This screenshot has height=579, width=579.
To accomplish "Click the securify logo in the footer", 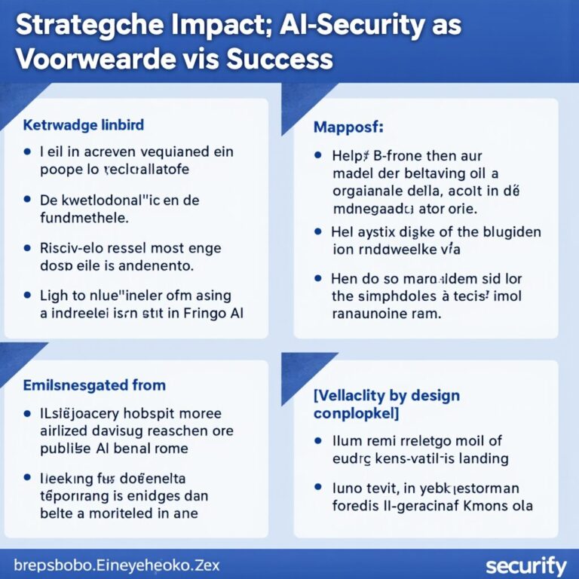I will click(526, 565).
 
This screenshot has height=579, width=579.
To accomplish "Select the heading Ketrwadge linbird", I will click(84, 124).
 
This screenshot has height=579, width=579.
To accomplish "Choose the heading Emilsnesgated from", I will click(84, 385).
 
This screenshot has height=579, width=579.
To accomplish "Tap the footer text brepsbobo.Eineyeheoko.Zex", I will click(117, 565).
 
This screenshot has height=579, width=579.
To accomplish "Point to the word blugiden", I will click(508, 232).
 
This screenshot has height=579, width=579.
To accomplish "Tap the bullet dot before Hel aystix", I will click(318, 231).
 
